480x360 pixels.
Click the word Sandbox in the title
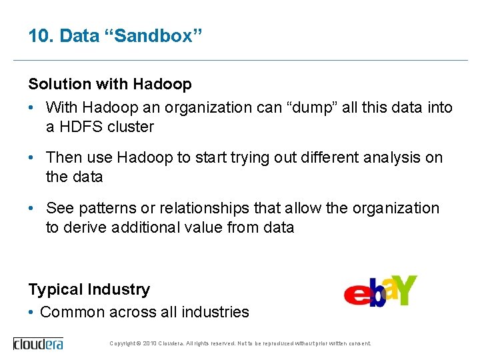[x=151, y=36]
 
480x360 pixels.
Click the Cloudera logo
[x=38, y=344]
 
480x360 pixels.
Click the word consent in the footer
[x=359, y=344]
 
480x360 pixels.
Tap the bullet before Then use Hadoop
[x=32, y=157]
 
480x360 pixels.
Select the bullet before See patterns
[x=32, y=208]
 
